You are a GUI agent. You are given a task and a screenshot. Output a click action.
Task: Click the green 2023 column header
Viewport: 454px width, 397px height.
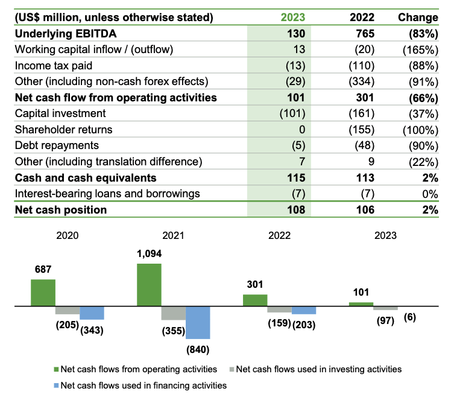coord(293,17)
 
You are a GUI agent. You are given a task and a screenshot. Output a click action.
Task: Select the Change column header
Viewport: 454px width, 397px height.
coord(418,17)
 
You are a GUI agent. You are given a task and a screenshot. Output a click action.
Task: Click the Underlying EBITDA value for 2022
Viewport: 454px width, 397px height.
coord(362,34)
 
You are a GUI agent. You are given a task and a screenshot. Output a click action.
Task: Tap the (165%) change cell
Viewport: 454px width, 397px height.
coord(420,49)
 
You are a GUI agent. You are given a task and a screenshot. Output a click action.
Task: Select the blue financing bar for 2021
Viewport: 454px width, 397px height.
coord(197,322)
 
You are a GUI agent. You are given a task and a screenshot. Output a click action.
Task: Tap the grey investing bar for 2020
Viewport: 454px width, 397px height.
coord(67,310)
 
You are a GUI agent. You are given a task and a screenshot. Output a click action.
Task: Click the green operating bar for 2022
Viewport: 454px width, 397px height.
coord(255,300)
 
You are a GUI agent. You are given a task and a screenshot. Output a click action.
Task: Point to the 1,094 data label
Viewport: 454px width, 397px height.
coord(149,253)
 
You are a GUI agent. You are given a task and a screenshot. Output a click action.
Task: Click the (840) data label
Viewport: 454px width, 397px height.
coord(198,349)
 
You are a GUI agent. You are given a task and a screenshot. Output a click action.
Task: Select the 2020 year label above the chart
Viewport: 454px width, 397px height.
coord(68,236)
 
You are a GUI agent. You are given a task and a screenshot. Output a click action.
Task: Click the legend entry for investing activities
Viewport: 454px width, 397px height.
coord(318,369)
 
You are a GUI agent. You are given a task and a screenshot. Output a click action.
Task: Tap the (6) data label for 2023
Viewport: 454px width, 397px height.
coord(408,317)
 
